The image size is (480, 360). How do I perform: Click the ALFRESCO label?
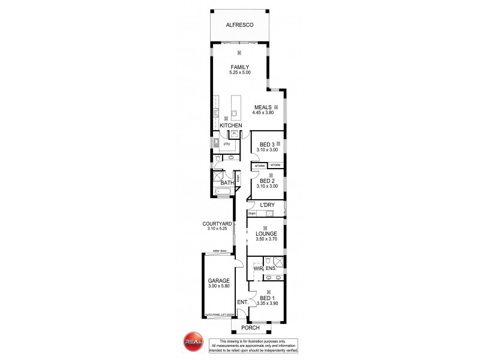click(x=239, y=26)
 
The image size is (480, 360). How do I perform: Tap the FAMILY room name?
click(x=239, y=67)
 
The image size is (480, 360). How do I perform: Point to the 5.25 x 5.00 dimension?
click(x=239, y=73)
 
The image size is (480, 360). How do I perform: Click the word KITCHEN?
click(x=230, y=125)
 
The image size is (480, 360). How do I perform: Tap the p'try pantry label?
click(x=227, y=144)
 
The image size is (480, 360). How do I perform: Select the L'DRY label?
click(x=268, y=205)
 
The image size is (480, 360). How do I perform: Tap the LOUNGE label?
click(x=265, y=234)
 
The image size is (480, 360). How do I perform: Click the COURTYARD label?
click(x=217, y=224)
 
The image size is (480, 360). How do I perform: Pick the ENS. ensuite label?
click(x=271, y=268)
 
